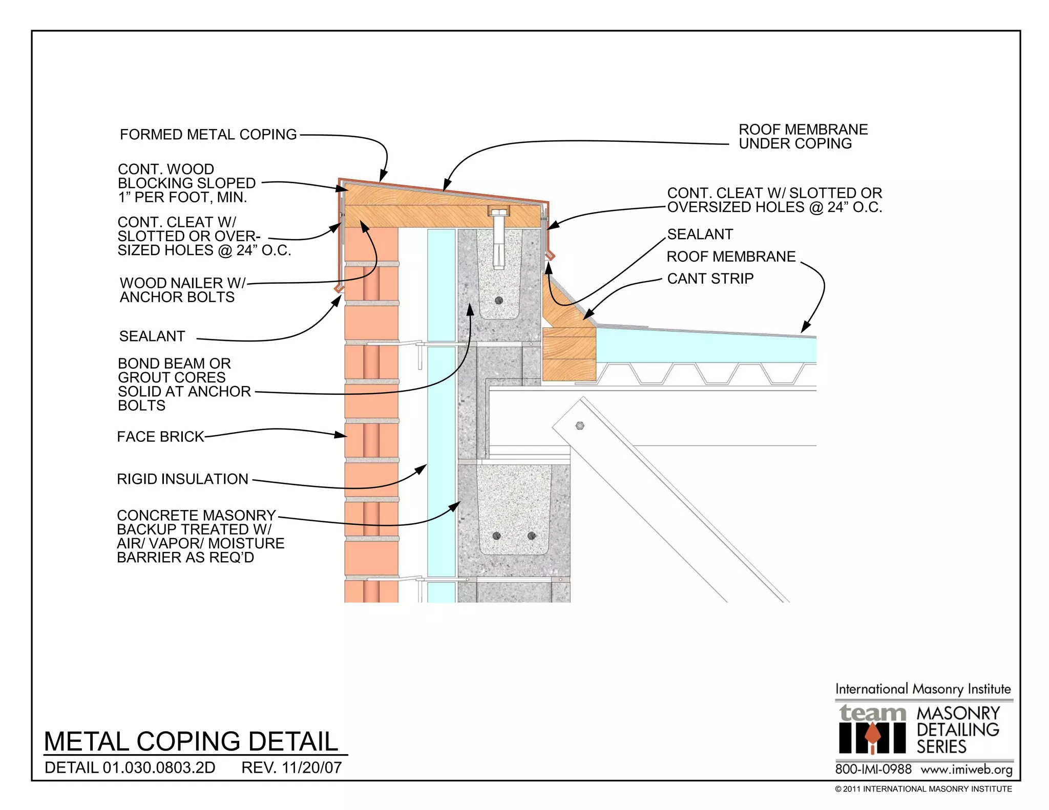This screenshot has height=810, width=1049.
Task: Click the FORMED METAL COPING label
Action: coord(208,135)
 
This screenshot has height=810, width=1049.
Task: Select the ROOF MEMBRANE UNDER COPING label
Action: coord(803,137)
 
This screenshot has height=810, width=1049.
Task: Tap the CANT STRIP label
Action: coord(710,279)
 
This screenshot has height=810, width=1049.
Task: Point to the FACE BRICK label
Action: coord(160,437)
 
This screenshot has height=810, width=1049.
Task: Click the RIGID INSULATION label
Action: coord(182,479)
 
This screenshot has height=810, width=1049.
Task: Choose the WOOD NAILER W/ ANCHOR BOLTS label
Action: coord(182,290)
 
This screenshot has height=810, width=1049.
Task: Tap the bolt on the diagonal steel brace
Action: coord(580,425)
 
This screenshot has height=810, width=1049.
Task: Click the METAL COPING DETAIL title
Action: coord(191,741)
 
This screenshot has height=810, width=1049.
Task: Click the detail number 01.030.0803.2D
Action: coord(159,768)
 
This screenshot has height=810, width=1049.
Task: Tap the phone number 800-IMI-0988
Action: coord(873,769)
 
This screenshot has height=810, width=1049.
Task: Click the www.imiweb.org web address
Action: coord(967,770)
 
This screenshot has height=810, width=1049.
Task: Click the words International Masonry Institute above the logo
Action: coord(923,689)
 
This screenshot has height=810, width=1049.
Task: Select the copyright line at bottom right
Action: coord(923,789)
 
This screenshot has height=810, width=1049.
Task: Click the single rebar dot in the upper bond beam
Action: coord(499,300)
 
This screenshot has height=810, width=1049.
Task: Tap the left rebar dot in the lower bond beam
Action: coord(496,536)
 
